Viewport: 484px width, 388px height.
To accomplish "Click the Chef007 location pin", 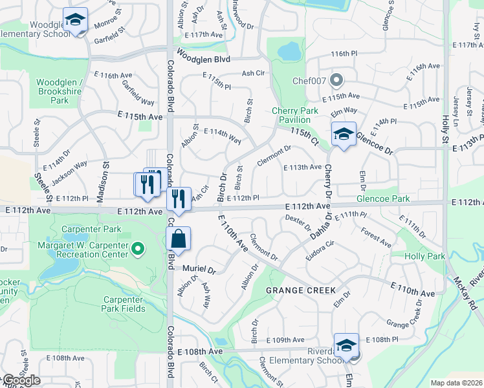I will point(336,80).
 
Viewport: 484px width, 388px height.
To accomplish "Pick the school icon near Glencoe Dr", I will point(344,134).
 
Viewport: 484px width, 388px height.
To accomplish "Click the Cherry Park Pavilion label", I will point(295,115).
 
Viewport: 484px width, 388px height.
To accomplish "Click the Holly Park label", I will point(424,257).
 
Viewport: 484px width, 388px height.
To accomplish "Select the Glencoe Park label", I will point(383,199).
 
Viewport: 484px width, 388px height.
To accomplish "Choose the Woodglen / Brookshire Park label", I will point(60,91).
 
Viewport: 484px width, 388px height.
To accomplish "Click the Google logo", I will point(21,380).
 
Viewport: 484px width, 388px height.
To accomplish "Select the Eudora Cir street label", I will point(321,248).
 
